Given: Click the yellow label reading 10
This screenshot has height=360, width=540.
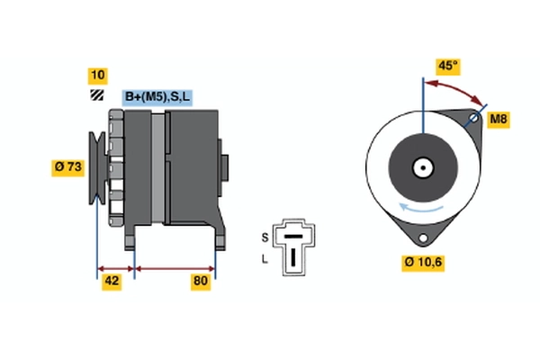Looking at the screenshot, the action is (98, 76).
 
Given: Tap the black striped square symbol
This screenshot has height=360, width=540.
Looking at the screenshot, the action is (97, 95).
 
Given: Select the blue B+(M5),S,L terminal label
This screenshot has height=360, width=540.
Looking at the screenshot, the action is (157, 97).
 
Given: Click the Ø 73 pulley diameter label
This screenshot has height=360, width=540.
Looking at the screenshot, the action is (68, 167).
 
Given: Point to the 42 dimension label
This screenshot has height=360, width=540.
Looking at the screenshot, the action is (112, 281).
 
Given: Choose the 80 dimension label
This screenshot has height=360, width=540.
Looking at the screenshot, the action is (201, 281).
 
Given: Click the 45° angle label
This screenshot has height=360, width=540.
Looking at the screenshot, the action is (447, 66).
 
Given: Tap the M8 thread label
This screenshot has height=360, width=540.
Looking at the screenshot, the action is (499, 119).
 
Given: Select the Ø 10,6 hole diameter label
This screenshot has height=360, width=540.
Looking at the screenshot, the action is (423, 263).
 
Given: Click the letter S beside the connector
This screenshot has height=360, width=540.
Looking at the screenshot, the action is (265, 238).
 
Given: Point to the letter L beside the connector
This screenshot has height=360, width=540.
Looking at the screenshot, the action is (264, 258).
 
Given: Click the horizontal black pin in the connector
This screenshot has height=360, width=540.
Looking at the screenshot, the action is (293, 237).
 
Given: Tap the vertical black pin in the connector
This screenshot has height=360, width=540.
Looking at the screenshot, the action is (293, 256).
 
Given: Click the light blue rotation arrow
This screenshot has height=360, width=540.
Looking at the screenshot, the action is (420, 208).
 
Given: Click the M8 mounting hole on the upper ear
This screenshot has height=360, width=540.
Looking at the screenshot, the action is (474, 119).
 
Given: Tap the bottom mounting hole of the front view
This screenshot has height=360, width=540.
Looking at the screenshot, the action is (423, 238).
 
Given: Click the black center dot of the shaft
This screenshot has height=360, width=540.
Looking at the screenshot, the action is (423, 167).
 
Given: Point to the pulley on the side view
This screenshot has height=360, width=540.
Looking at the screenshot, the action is (98, 167).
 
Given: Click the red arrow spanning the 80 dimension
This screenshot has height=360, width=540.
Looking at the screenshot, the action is (175, 269).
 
